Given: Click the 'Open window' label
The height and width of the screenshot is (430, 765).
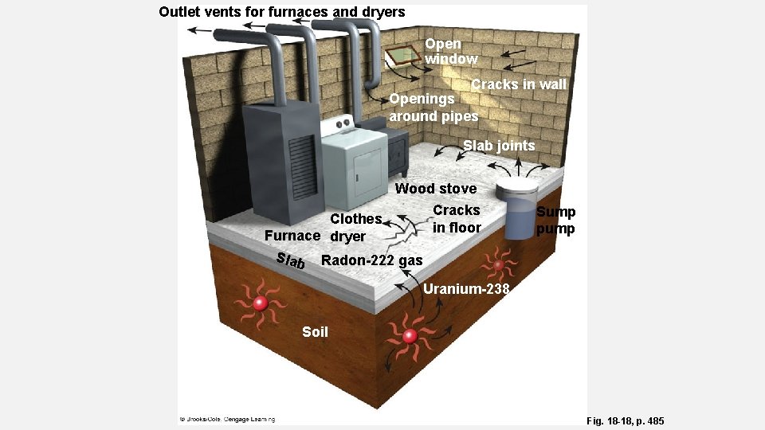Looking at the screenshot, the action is (x=451, y=51).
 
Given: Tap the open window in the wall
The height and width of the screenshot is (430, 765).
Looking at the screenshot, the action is (x=402, y=57).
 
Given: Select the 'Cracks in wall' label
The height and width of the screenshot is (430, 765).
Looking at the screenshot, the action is (x=518, y=84).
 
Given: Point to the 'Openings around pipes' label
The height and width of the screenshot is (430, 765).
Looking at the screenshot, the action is (x=433, y=107).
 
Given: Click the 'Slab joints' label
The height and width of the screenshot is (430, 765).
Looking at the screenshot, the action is (x=499, y=146).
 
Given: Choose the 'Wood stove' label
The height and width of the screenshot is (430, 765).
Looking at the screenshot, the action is (x=436, y=189).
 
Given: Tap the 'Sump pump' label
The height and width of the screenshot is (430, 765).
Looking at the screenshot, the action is (x=555, y=220).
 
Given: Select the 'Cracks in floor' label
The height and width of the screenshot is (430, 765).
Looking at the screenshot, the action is (x=457, y=219).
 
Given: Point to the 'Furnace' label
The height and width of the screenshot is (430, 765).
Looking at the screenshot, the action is (x=292, y=236).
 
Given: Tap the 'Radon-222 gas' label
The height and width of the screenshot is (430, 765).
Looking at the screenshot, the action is (x=371, y=260).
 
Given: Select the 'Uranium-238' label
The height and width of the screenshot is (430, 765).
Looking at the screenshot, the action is (x=466, y=288).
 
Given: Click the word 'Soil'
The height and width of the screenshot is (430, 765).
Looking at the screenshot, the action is (x=315, y=331).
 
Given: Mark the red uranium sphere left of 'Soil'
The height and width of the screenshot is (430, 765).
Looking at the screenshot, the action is (x=260, y=303).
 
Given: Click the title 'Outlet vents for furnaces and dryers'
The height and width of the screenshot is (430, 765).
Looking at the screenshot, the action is (x=282, y=12).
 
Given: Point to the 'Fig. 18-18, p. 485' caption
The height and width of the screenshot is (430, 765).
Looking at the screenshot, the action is (x=625, y=420).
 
